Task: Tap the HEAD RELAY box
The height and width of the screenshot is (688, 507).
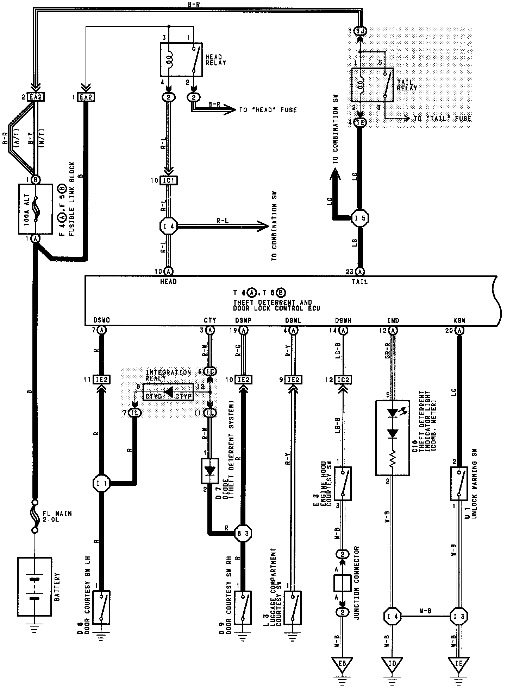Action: [x=181, y=60]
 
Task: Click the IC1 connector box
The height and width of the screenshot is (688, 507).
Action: [x=169, y=180]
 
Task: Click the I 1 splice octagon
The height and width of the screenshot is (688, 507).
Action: [x=101, y=484]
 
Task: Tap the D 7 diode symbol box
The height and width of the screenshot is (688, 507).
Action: [x=210, y=470]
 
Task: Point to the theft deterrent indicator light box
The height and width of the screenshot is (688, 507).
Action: [x=392, y=437]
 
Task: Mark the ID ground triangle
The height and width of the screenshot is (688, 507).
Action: [x=392, y=663]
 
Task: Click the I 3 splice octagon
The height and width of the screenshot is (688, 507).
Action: [x=459, y=616]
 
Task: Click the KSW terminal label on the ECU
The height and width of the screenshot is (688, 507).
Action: [x=459, y=320]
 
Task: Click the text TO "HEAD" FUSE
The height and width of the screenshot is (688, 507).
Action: [x=268, y=110]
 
